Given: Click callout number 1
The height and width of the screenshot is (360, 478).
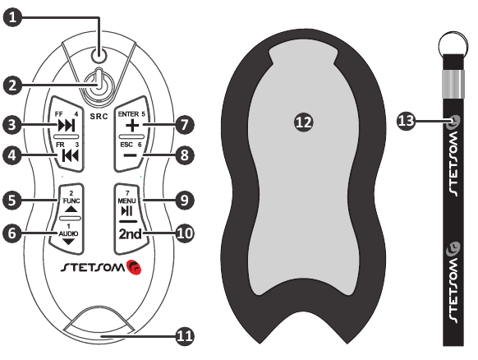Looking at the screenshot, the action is (x=12, y=17).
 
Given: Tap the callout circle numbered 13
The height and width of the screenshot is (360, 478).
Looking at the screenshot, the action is (x=406, y=121).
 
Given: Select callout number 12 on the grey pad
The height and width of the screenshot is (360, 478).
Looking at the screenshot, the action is (x=304, y=122).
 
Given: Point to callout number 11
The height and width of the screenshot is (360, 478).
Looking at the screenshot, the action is (x=185, y=336).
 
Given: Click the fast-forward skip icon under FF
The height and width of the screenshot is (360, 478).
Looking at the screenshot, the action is (x=67, y=126).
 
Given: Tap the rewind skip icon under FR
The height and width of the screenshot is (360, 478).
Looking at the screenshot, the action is (x=70, y=156).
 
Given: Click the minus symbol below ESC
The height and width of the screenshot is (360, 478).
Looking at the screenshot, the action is (x=131, y=155).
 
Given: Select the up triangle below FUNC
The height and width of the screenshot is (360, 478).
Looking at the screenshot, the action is (x=71, y=209).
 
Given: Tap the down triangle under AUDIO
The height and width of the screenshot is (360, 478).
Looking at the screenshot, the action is (x=69, y=242).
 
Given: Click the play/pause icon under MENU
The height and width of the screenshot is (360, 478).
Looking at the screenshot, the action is (x=126, y=210).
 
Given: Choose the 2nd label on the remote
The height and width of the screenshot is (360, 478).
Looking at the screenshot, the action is (x=130, y=234).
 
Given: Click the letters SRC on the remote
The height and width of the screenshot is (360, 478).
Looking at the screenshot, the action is (x=99, y=116).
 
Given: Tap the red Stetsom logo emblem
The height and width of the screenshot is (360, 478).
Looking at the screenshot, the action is (x=134, y=267).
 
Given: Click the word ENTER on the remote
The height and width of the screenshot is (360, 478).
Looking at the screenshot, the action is (x=128, y=114).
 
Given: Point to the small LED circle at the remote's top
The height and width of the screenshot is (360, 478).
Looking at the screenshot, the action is (x=99, y=55).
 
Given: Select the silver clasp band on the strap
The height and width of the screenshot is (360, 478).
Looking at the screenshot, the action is (x=453, y=84).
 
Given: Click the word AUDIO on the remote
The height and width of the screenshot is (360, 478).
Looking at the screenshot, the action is (x=69, y=233).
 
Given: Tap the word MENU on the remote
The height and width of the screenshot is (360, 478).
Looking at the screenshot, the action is (x=126, y=201).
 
